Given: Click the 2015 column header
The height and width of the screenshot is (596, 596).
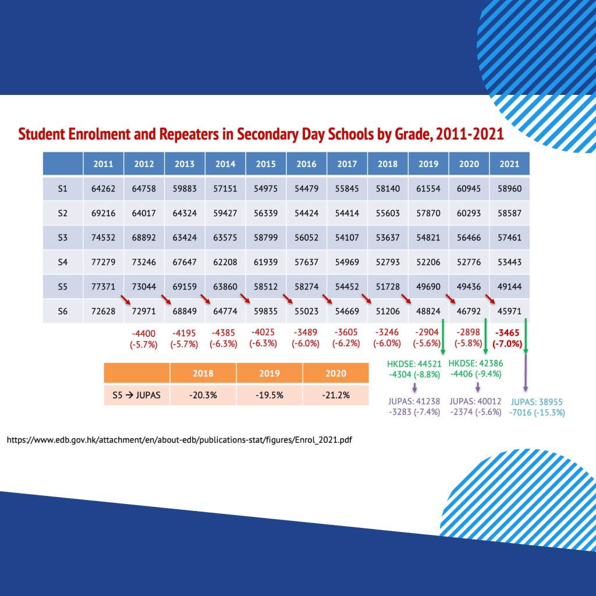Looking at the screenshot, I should [265, 164].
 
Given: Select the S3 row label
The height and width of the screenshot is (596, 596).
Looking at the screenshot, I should [63, 237].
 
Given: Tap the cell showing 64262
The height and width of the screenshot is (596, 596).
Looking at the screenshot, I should [103, 189].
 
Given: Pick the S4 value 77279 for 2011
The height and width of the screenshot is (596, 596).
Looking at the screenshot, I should [103, 262].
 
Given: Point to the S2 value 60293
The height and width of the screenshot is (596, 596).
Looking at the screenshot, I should [469, 213].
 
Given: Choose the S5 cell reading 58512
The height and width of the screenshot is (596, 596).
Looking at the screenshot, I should [265, 287].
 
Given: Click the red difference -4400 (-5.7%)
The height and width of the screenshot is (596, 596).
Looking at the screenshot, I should [144, 338].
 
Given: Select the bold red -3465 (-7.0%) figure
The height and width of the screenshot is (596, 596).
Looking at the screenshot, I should [509, 338].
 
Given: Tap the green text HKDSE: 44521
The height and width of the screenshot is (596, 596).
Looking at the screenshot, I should [414, 364].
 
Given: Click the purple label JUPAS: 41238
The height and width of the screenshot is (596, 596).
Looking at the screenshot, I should [414, 401].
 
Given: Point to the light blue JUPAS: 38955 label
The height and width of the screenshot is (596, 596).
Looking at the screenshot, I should [536, 402].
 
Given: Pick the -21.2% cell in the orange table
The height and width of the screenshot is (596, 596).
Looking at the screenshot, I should [335, 396].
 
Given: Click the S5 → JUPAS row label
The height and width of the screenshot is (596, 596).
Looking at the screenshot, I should [136, 396].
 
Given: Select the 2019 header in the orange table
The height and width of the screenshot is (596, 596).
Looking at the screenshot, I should [269, 374].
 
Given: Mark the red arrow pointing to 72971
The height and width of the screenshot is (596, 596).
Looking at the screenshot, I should [125, 300].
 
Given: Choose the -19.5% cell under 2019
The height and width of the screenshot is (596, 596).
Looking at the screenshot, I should [269, 396].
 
